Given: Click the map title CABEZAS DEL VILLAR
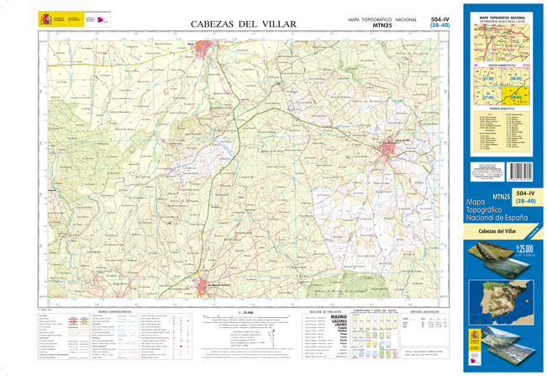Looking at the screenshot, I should tap(242, 24).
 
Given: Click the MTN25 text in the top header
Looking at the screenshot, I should tap(382, 26).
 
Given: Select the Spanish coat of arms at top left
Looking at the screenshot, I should tap(43, 19).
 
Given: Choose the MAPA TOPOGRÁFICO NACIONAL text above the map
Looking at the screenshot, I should tap(382, 19).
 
